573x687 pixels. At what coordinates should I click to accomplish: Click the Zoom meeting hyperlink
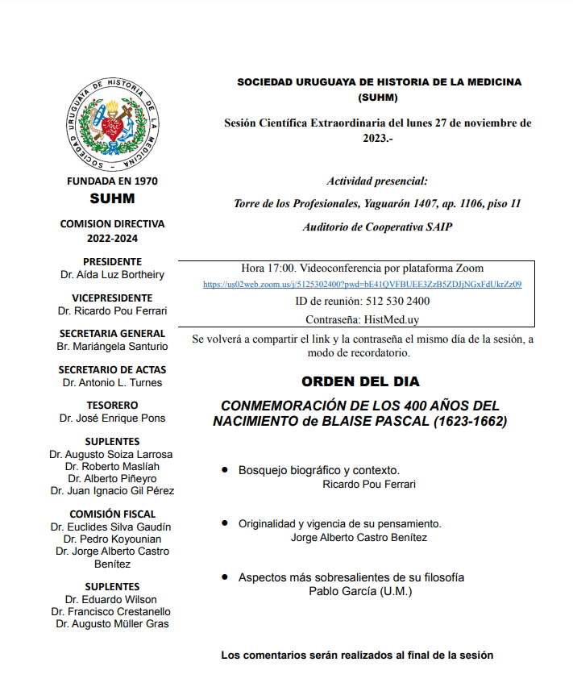coord(362,285)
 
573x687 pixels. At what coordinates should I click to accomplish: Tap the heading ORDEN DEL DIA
coord(360,381)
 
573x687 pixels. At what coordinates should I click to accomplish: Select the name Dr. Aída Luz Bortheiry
coord(112,274)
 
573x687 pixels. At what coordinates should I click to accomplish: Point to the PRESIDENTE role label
coord(112,261)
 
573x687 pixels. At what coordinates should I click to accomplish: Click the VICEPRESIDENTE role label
coord(112,298)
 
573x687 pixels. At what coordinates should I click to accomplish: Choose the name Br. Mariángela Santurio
coord(112,346)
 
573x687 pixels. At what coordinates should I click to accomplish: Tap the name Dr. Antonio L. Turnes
coord(112,382)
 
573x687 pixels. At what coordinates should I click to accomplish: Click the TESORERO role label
coord(112,405)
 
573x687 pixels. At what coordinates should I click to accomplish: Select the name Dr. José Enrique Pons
coord(112,418)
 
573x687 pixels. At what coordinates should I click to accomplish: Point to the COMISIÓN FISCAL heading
coord(112,514)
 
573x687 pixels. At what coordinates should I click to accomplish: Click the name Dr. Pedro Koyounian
coord(112,539)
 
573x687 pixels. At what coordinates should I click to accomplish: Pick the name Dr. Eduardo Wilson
coord(112,599)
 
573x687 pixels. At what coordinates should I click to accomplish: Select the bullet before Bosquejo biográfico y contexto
coord(224,468)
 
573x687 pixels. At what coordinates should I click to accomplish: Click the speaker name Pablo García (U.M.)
coord(360,590)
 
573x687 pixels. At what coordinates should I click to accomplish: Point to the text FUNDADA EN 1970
coord(112,181)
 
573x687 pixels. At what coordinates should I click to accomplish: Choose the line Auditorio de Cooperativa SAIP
coord(377,227)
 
